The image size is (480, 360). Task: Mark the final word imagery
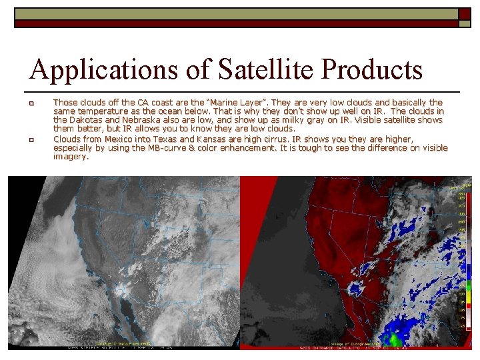pyautogui.click(x=71, y=157)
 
